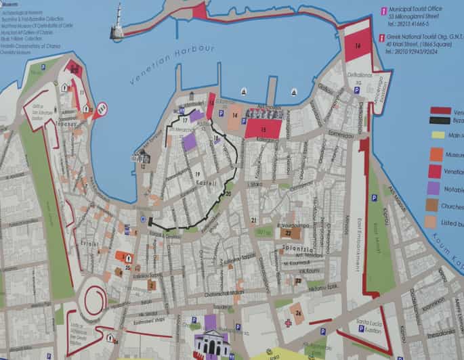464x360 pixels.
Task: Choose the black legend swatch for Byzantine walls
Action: coord(440,120)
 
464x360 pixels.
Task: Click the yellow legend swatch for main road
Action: coord(438,135)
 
